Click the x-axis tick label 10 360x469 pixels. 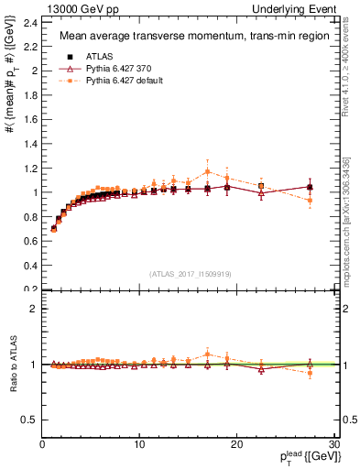[x=139, y=444]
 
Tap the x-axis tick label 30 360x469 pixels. [x=334, y=444]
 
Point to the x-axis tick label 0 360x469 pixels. [x=42, y=444]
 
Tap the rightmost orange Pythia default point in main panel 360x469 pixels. [x=310, y=200]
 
